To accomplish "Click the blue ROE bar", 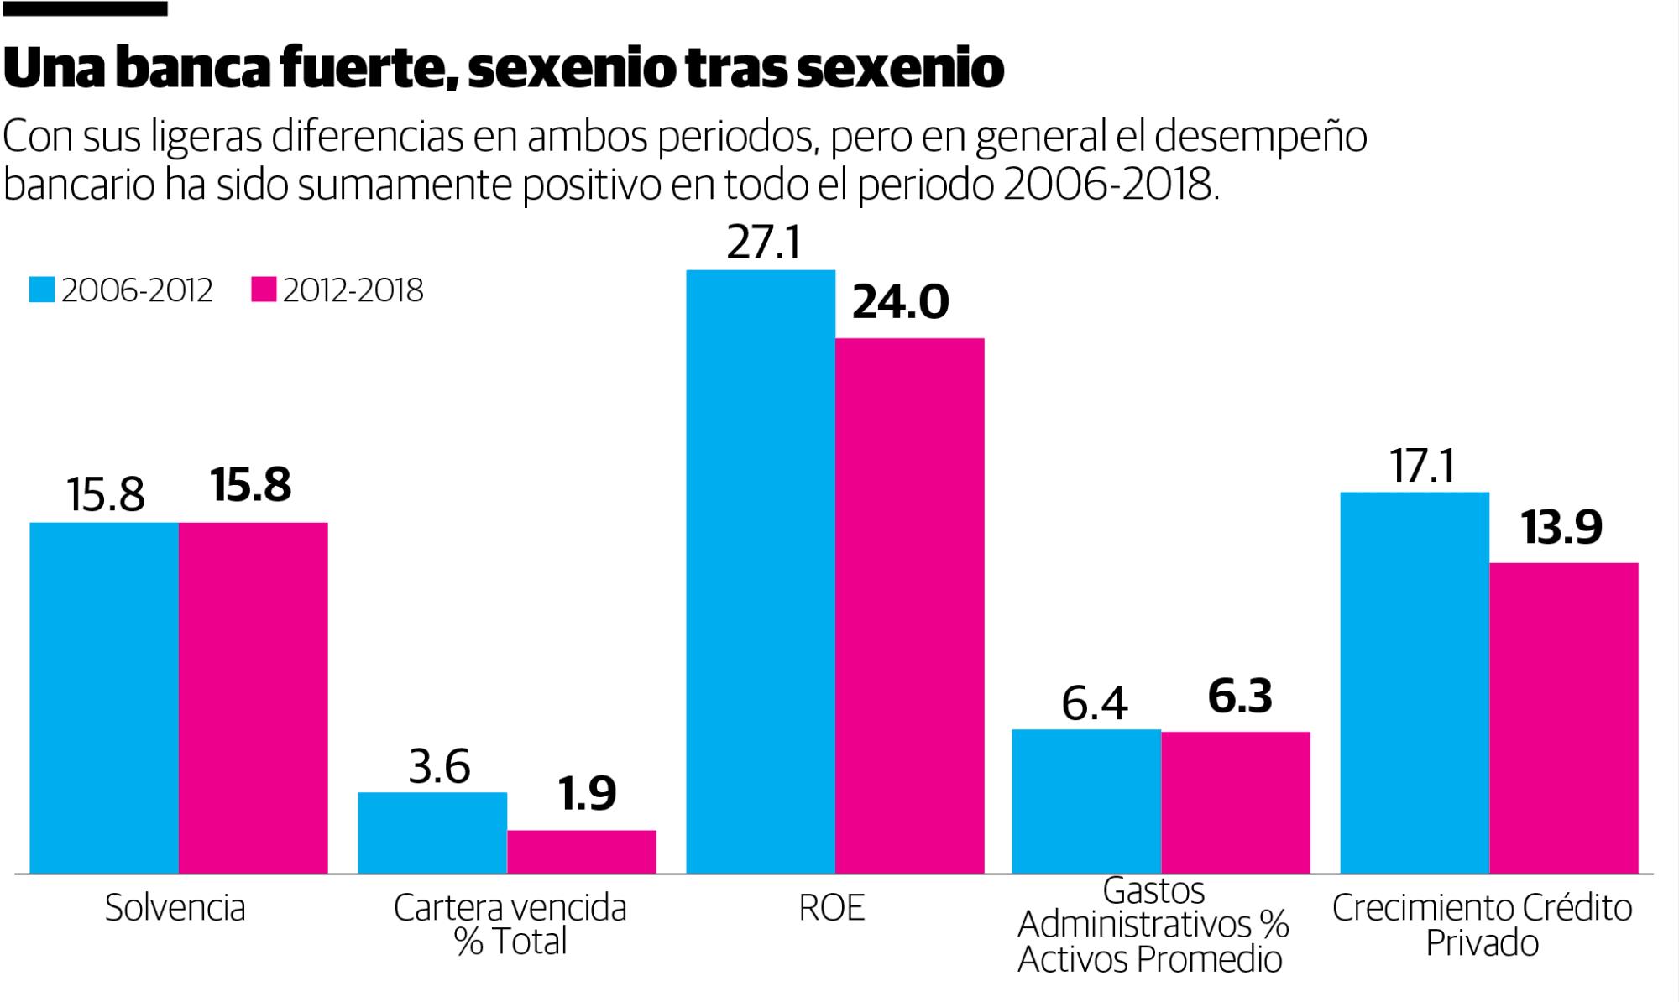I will point(761,571).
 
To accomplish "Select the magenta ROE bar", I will point(909,605).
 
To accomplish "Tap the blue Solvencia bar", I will point(104,697).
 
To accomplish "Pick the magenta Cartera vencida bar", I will point(582,852).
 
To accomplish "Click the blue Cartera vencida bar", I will point(432,832).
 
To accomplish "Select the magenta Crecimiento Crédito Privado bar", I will point(1563,718).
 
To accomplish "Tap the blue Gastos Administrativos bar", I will point(1086,801).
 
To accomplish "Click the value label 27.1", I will point(764,243).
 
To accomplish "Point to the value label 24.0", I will point(900,302).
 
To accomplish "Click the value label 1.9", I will point(588,794).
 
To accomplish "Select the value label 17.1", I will point(1422,466).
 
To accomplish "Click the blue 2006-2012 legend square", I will point(42,290).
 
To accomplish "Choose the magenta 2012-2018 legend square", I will point(264,290).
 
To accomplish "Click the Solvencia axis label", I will point(175,908).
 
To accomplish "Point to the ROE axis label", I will point(831,908).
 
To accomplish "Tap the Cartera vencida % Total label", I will point(510,925).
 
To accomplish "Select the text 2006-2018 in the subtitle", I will point(1107,185).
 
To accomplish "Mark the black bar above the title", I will point(84,8).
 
